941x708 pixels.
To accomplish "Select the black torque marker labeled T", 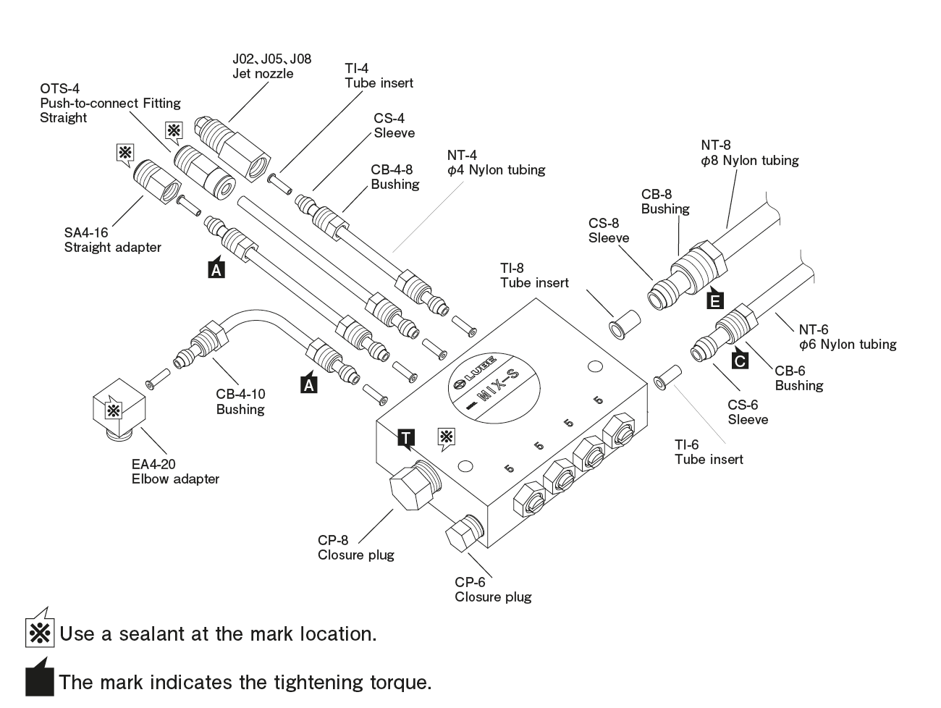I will [x=406, y=437].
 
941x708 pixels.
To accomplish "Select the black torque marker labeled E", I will [x=714, y=298].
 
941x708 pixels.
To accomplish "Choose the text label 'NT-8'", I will [x=715, y=146].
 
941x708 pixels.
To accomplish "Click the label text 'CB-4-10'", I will [x=240, y=395].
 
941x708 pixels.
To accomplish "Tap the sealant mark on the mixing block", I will [x=447, y=437].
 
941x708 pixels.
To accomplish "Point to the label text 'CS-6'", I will [x=743, y=405].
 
